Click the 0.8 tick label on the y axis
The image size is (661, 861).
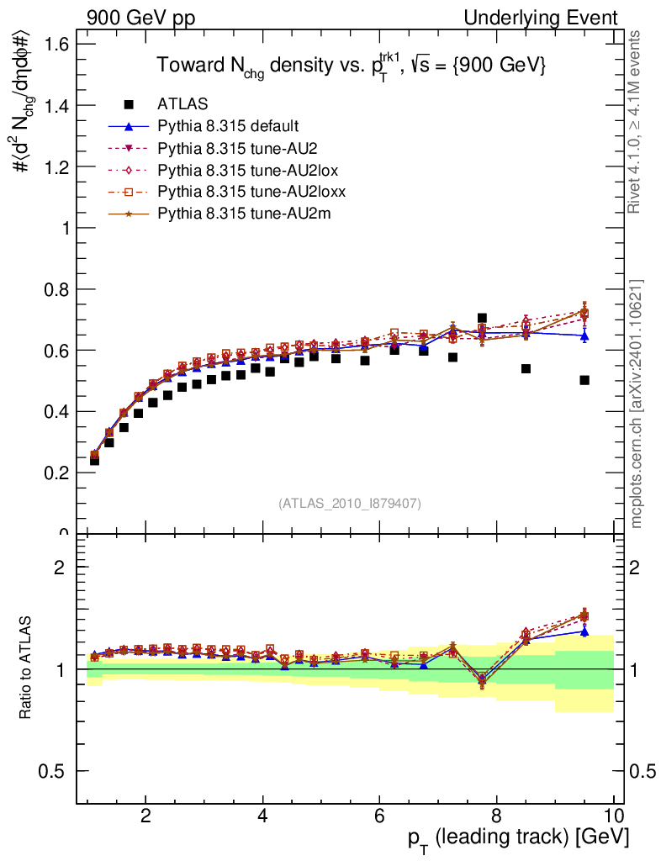(55, 289)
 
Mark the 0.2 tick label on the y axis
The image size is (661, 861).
(55, 473)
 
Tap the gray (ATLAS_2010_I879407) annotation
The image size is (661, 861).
(350, 504)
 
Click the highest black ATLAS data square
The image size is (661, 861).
(482, 319)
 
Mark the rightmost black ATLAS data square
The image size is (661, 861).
(584, 380)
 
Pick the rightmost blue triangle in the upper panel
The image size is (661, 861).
(584, 335)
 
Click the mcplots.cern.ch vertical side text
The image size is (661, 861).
(637, 404)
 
